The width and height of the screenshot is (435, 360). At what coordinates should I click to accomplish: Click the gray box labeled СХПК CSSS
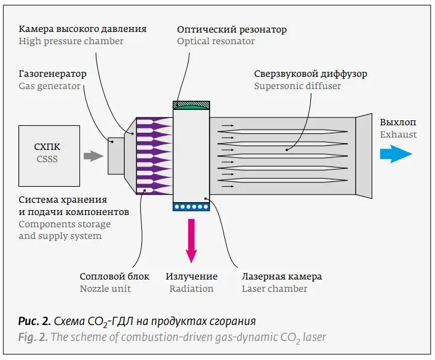[49, 155]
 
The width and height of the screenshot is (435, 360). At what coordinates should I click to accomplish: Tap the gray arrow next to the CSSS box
[93, 156]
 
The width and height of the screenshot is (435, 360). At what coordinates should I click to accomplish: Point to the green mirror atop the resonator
[192, 106]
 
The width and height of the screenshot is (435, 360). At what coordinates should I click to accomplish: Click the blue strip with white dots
[192, 207]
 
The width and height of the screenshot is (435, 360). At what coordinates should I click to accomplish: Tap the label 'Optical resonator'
[216, 41]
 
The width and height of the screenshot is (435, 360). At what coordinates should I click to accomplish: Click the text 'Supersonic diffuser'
[297, 86]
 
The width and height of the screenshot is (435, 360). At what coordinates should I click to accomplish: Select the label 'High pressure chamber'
[71, 41]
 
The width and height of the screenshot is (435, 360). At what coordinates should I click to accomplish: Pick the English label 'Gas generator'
[49, 86]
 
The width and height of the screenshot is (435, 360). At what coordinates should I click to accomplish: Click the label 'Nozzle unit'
[105, 288]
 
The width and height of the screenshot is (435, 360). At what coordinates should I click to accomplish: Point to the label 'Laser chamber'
[274, 288]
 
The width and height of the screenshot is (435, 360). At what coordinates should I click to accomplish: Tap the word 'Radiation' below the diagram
[192, 288]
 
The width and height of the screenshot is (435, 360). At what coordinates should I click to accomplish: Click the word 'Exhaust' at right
[398, 134]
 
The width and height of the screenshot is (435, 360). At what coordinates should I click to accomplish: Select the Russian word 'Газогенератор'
[52, 74]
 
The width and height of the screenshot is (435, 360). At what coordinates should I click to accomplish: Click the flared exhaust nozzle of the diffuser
[364, 156]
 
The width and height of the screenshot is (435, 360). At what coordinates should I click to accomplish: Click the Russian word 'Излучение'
[192, 276]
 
